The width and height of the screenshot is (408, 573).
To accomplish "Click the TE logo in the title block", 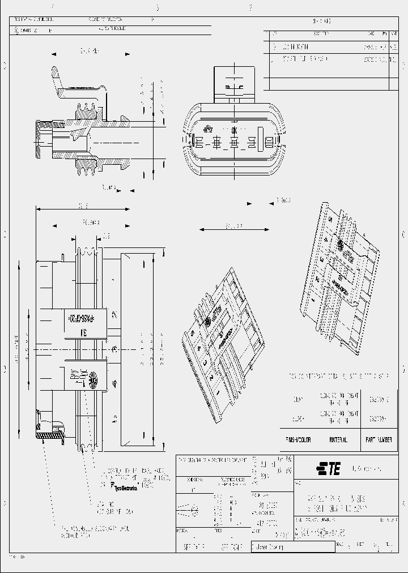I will pos(328,468).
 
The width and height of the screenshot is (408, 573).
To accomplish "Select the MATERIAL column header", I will pos(338,439).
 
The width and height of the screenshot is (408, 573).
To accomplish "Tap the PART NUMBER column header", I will pos(379,439).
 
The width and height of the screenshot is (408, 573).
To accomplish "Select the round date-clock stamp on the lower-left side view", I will pos(92,380).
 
